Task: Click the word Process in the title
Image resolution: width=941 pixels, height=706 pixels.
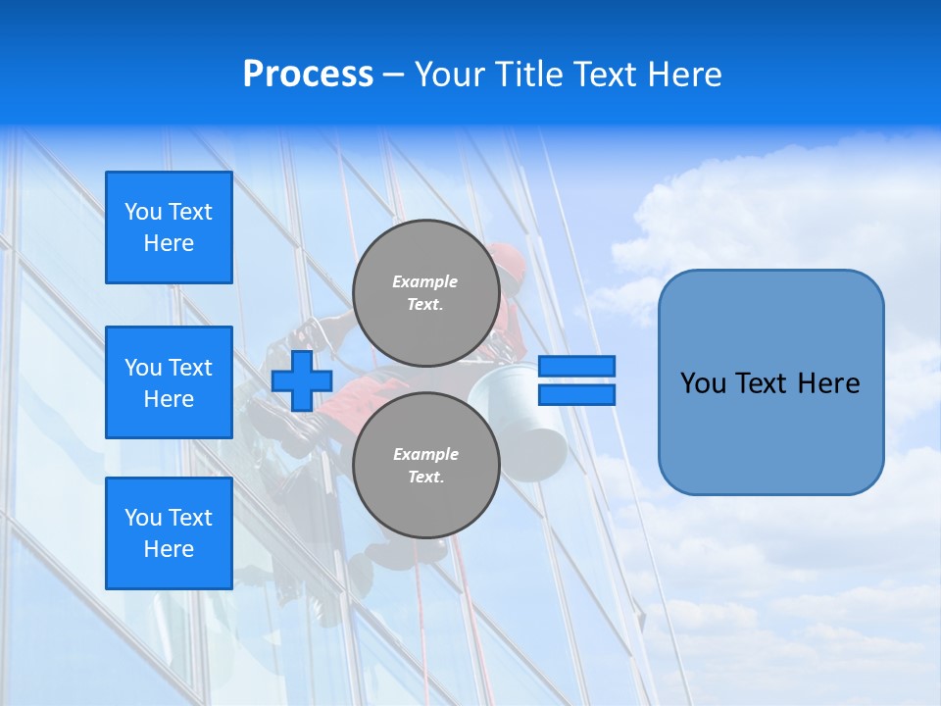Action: pyautogui.click(x=308, y=75)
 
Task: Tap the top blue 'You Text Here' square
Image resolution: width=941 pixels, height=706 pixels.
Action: pyautogui.click(x=169, y=227)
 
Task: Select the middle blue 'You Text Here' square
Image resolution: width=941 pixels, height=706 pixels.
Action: pyautogui.click(x=169, y=382)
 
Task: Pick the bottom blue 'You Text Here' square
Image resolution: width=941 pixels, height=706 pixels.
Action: pyautogui.click(x=169, y=533)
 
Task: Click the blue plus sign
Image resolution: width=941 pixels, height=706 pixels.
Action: pyautogui.click(x=302, y=381)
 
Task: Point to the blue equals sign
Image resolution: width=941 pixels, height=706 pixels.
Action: pyautogui.click(x=576, y=380)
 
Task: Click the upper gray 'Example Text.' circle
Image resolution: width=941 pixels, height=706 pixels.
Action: pyautogui.click(x=425, y=293)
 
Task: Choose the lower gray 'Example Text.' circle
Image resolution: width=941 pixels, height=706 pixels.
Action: pyautogui.click(x=425, y=466)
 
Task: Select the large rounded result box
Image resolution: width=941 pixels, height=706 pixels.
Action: pyautogui.click(x=770, y=382)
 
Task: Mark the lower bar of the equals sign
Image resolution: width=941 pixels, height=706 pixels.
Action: pyautogui.click(x=576, y=394)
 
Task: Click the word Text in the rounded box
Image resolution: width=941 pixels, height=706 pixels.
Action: pyautogui.click(x=766, y=383)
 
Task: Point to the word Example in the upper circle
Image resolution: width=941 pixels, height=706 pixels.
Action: pyautogui.click(x=425, y=281)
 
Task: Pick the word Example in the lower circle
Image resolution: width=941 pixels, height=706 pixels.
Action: pyautogui.click(x=425, y=454)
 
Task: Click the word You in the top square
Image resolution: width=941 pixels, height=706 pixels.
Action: pyautogui.click(x=143, y=212)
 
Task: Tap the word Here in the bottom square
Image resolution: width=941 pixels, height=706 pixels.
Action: pyautogui.click(x=169, y=549)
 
